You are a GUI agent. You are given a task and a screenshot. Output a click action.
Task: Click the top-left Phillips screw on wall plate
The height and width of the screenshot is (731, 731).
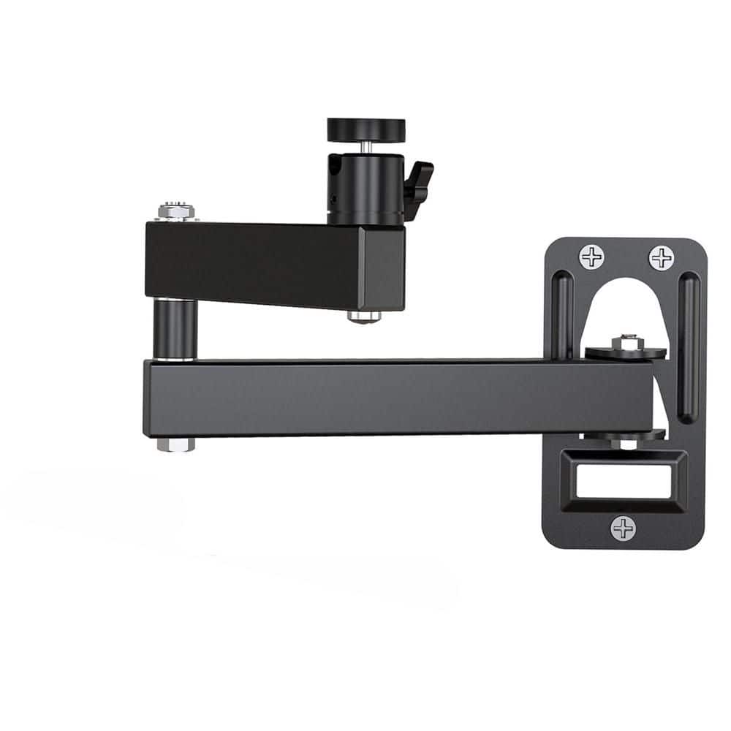tap(591, 257)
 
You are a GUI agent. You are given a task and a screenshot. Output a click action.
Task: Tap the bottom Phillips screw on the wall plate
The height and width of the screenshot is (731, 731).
tap(623, 528)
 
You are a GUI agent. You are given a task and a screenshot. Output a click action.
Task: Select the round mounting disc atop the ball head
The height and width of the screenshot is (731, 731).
tap(366, 129)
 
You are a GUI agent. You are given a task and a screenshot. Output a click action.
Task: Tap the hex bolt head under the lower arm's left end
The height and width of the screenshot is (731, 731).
tap(175, 444)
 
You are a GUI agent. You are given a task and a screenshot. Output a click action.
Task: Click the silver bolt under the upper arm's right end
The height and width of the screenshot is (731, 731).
tap(363, 317)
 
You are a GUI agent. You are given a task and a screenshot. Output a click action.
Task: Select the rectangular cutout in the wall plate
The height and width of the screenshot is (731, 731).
tap(623, 482)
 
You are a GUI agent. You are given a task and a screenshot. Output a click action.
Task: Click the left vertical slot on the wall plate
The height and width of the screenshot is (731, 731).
tap(563, 314)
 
